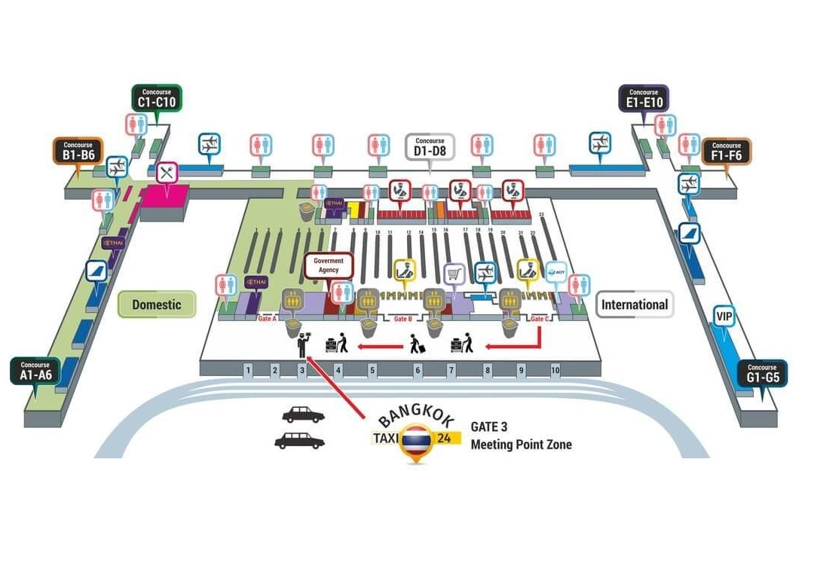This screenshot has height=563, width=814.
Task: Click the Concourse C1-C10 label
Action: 157,98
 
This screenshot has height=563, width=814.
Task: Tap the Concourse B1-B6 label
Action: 78,151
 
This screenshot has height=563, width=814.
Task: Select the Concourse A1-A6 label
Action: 35,371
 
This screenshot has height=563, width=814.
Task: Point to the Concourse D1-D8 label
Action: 430,146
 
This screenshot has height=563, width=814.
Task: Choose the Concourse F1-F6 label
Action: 726,151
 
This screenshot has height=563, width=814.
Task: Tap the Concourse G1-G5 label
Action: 763,372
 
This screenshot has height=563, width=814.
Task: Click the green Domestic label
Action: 157,304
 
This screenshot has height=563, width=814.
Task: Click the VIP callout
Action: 724,315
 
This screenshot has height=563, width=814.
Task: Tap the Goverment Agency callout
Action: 329,265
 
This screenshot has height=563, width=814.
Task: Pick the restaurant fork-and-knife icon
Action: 167,173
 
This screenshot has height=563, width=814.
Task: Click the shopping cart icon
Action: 454,274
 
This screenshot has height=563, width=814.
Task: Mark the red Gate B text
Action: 402,320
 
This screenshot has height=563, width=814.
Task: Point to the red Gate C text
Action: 538,319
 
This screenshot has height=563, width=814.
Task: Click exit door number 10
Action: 555,370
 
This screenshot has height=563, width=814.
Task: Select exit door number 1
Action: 247,370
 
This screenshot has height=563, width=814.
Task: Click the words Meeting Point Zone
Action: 521,445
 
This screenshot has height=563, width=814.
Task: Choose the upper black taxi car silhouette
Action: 303,415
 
